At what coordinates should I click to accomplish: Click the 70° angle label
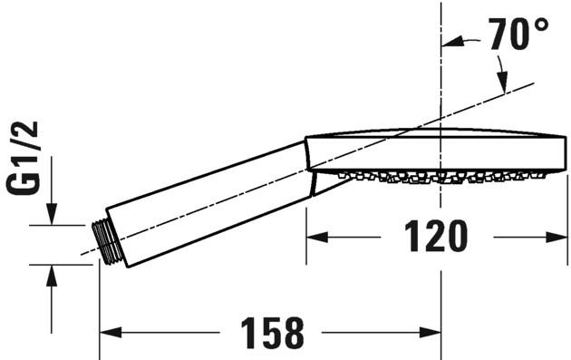[518, 36]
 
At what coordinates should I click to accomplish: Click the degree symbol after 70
[541, 24]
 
